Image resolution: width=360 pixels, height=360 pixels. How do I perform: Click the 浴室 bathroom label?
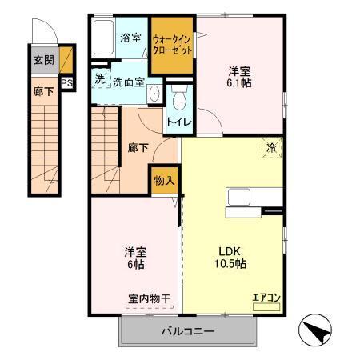[130, 38]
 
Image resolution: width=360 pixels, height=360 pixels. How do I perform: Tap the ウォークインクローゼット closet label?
[172, 43]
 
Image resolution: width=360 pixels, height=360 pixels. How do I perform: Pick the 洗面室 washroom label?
[127, 81]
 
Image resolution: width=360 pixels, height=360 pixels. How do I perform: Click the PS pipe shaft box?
[66, 81]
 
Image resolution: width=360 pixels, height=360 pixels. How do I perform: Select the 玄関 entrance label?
[43, 60]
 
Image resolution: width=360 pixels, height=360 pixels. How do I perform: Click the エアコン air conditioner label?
[265, 298]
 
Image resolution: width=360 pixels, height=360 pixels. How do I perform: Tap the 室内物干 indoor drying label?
[149, 299]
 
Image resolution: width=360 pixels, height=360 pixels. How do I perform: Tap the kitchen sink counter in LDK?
[254, 197]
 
